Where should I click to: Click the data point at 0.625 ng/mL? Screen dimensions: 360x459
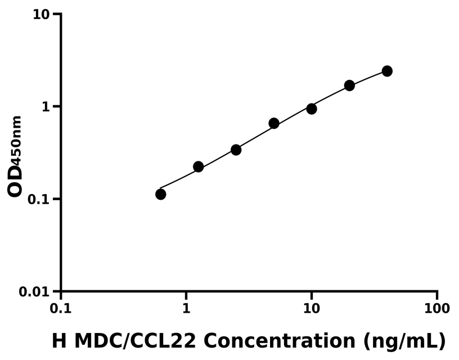(161, 194)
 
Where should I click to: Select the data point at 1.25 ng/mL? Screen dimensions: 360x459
(198, 166)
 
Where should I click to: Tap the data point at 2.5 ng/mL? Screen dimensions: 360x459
(236, 150)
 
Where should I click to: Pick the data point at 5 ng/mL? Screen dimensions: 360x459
(274, 123)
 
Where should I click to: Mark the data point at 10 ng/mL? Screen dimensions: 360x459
(312, 109)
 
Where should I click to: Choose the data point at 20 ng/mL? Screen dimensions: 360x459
(349, 85)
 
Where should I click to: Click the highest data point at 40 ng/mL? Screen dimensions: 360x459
(387, 71)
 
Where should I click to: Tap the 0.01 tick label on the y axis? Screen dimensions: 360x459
(33, 292)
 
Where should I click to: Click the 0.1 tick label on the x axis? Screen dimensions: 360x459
(61, 309)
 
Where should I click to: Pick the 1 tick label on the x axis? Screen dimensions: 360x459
(186, 309)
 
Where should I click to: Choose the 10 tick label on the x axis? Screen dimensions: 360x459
(312, 309)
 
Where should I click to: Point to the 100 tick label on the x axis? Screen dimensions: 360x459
(437, 309)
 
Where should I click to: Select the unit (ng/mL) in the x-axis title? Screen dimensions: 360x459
(404, 341)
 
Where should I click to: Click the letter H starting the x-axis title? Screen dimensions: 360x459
(60, 340)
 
